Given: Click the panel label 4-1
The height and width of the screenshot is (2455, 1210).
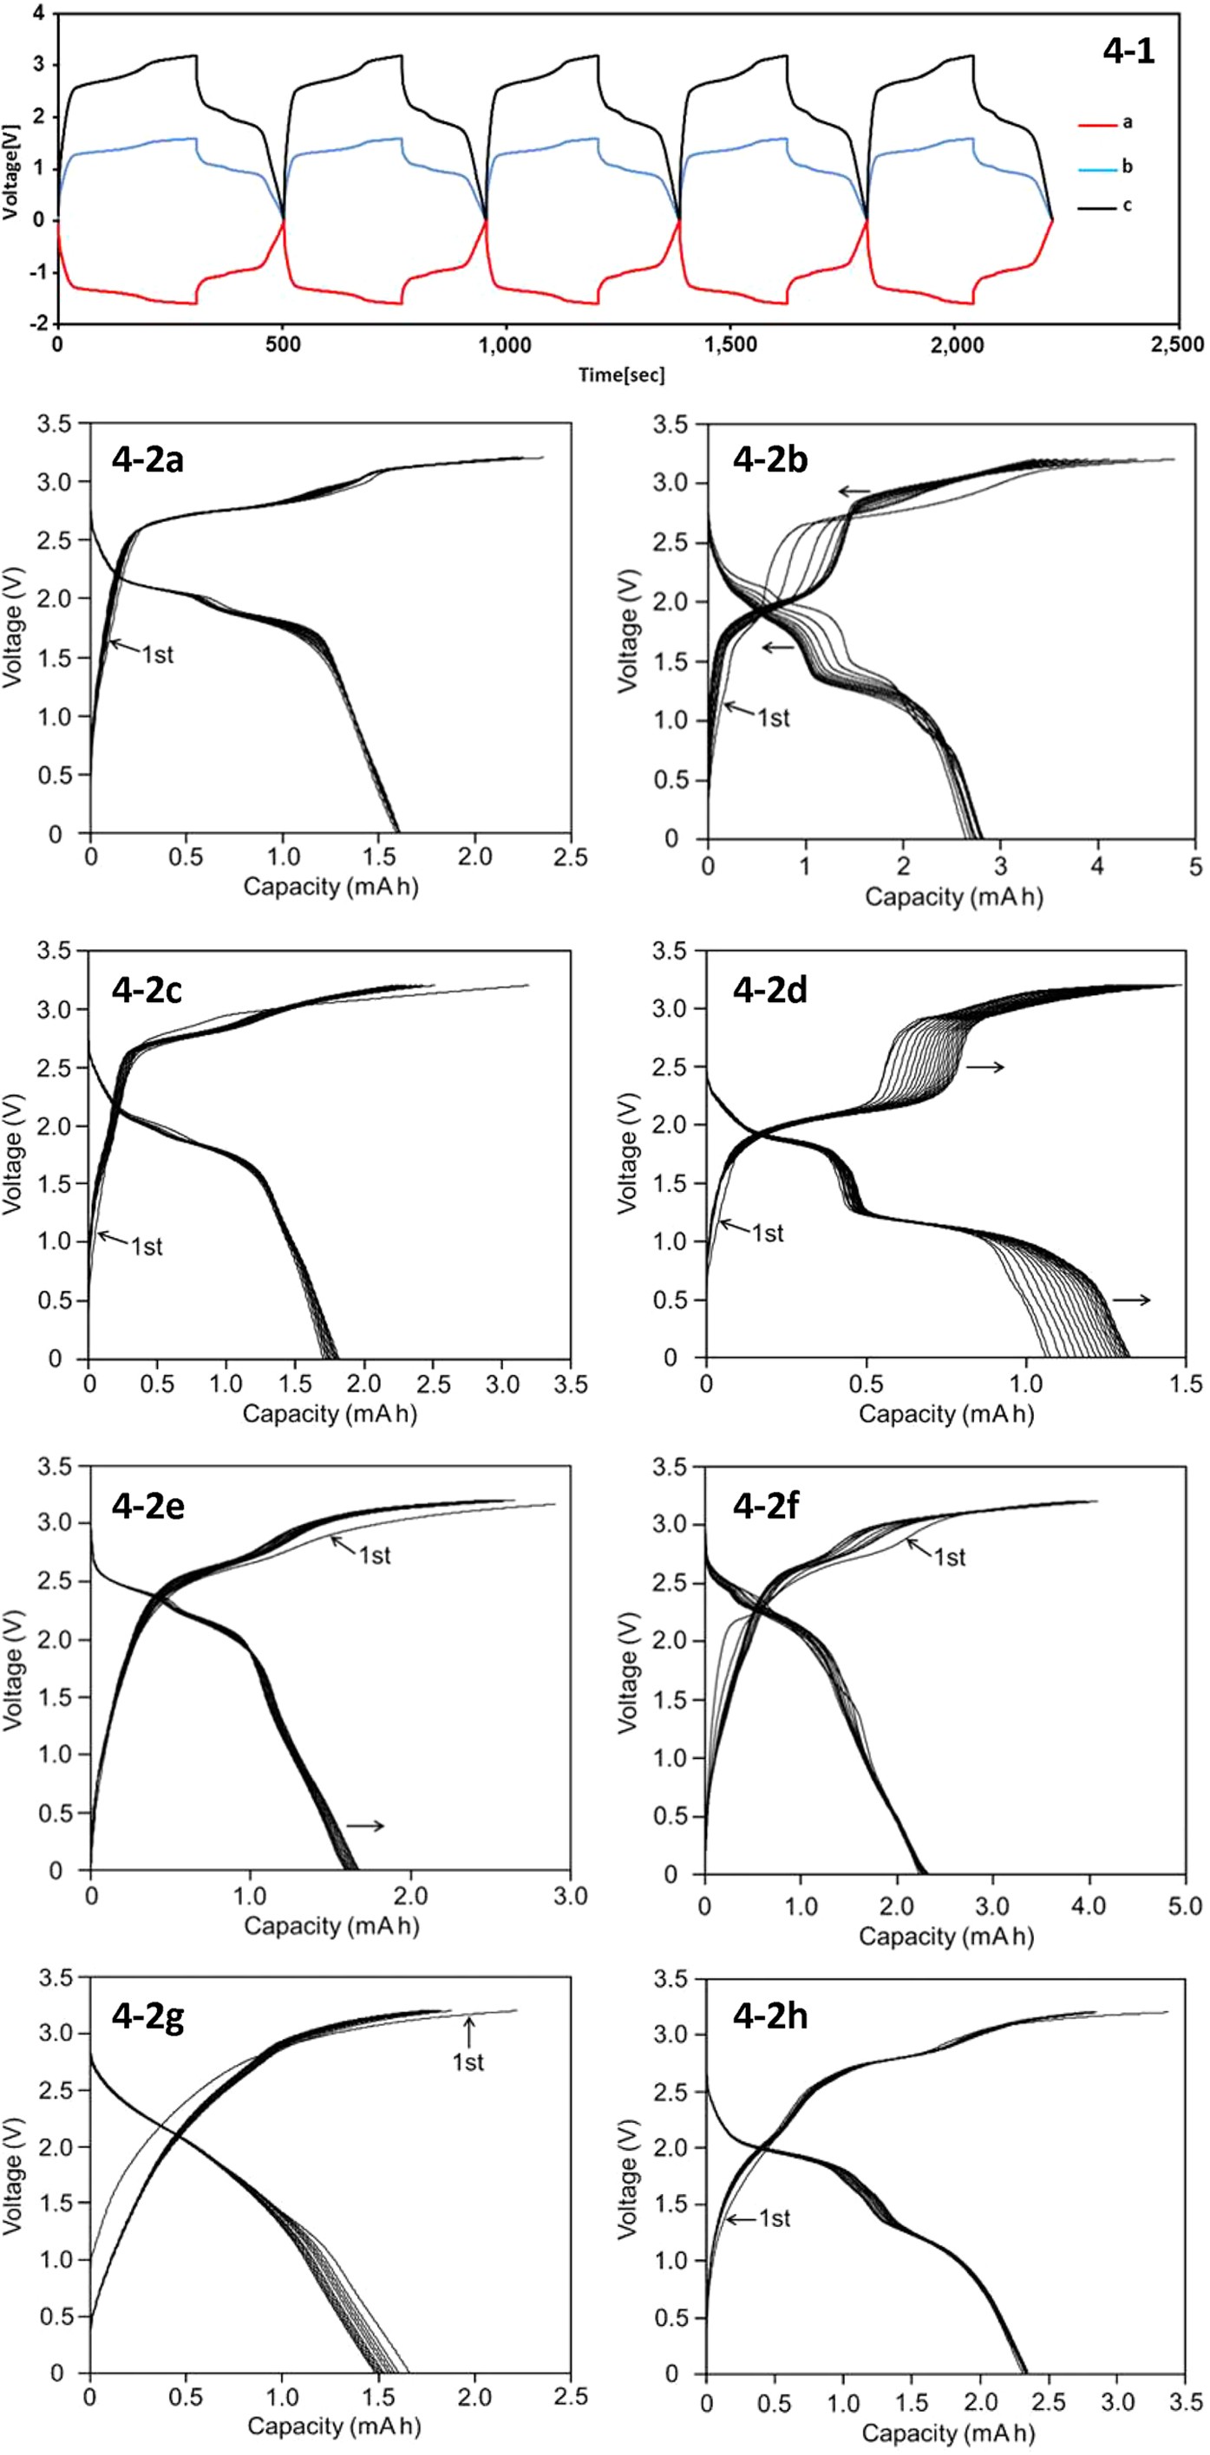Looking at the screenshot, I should coord(1128,50).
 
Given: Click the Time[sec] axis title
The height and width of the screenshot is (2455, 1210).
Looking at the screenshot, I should coord(621,375).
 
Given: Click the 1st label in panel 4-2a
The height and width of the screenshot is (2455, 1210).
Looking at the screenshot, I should coord(157,655).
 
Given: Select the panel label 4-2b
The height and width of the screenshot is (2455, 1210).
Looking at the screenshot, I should coord(770,459).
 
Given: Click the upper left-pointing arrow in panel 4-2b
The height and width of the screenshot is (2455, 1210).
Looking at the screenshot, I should coord(854,492).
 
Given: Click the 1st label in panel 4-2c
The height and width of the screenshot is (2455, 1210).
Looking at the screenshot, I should coord(146,1247).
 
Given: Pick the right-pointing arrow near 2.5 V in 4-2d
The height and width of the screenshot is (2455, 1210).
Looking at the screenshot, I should coord(985,1067).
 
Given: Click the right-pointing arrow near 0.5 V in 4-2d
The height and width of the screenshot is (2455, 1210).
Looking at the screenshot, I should coord(1131,1300).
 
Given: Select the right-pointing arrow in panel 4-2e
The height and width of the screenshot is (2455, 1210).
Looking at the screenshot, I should coord(364,1826).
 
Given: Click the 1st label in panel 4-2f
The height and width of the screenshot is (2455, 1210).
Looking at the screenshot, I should coord(949,1557).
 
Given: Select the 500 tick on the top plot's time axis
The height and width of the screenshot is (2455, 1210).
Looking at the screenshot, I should coord(282,345).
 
